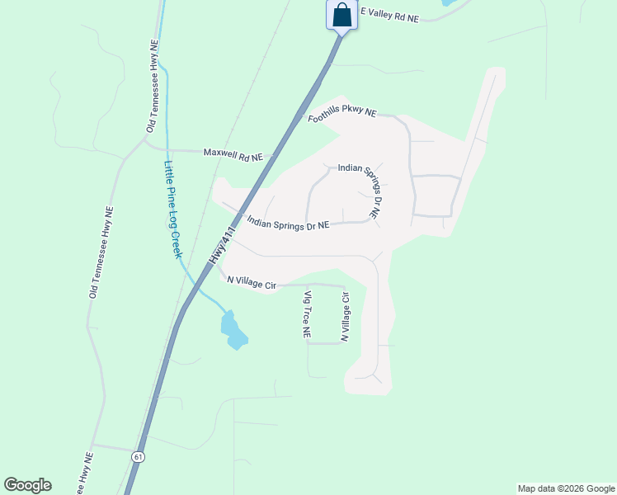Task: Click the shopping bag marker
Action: pos(341,16)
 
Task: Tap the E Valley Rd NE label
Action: pos(390,15)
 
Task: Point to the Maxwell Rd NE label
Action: pos(233,154)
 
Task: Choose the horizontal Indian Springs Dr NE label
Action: pos(289,223)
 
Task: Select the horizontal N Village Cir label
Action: pos(252,283)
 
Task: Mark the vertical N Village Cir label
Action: pos(346,317)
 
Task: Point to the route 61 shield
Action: pos(137,456)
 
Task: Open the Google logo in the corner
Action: pos(27,485)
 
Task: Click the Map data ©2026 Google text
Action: pos(565,488)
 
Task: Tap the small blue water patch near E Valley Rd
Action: pos(447,2)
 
